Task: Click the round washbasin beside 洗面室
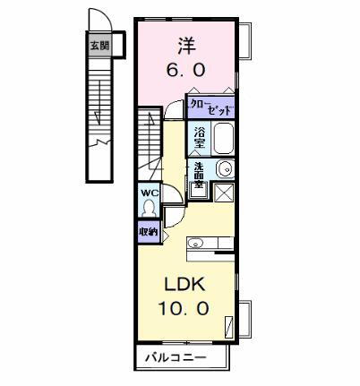click(224, 169)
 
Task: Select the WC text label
click(148, 193)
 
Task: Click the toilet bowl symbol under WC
click(149, 208)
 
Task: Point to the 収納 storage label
click(148, 231)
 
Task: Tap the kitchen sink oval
click(196, 243)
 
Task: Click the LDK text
click(184, 285)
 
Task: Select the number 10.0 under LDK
click(184, 309)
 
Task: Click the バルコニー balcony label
click(176, 358)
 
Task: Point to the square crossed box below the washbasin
click(224, 192)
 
